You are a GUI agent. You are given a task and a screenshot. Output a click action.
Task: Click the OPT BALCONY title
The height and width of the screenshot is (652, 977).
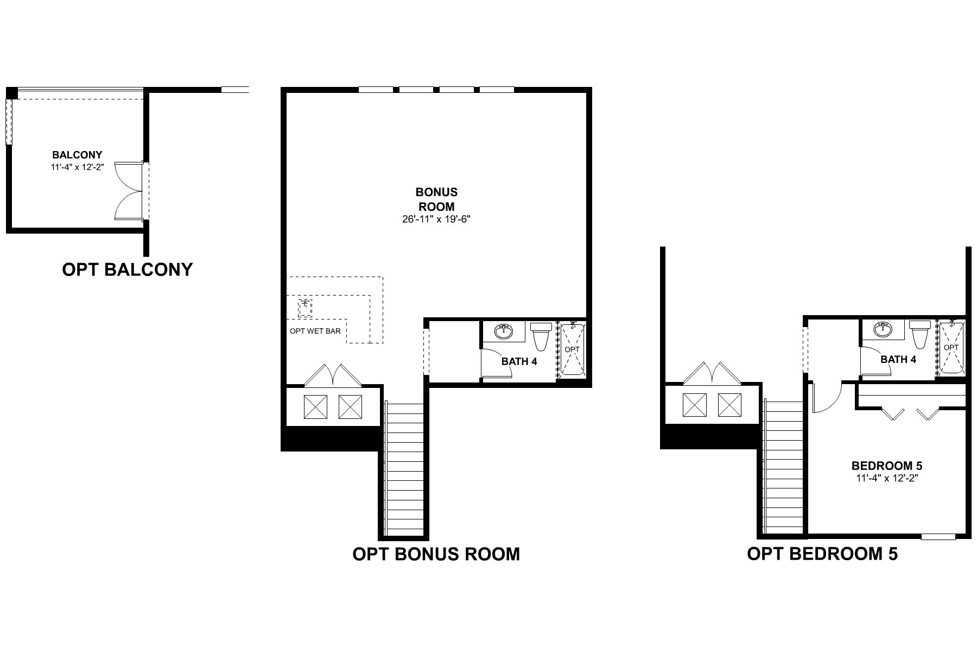coord(128,269)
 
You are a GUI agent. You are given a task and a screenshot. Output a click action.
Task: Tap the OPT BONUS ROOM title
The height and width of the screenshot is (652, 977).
coord(436,554)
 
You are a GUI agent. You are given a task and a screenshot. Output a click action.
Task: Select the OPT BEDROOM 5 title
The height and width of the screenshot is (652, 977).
coord(822,554)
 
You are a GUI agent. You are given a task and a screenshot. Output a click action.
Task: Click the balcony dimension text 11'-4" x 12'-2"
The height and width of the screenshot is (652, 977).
coord(77,168)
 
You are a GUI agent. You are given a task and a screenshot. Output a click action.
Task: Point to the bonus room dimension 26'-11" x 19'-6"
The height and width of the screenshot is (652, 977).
coord(436,220)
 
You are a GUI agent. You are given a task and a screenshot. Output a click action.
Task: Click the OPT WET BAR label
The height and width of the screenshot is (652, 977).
coord(315,331)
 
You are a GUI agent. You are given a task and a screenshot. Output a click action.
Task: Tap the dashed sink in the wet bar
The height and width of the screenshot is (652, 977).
coord(305,308)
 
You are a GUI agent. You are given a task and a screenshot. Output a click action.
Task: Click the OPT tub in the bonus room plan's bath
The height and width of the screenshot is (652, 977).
coord(572,349)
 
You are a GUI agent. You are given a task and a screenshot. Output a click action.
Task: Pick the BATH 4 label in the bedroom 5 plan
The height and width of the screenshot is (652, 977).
coord(898,359)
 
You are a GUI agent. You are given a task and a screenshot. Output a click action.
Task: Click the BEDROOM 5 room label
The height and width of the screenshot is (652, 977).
coord(887,466)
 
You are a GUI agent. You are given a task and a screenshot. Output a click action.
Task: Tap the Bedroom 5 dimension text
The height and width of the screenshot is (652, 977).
coord(887,479)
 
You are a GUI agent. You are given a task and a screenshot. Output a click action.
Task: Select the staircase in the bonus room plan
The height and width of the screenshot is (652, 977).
coord(404,467)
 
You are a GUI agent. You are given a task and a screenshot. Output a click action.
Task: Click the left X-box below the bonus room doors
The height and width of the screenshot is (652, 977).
coord(315,406)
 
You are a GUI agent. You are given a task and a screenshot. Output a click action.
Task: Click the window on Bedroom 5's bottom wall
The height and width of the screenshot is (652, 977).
coord(938,537)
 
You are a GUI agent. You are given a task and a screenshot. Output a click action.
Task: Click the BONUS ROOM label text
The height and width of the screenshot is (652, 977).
coord(436,199)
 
